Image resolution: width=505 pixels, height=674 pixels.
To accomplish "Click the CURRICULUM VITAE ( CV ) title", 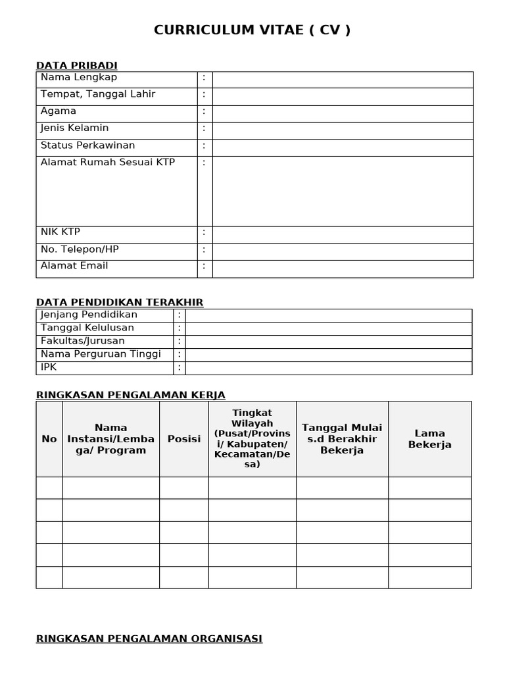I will click(252, 30).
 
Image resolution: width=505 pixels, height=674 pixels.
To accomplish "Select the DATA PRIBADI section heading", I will click(76, 65).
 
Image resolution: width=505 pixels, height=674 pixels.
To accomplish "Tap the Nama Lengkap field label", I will click(79, 78).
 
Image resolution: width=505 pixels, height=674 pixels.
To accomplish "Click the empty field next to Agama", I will click(343, 114).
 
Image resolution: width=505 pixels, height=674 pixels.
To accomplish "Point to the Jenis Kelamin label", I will click(75, 128).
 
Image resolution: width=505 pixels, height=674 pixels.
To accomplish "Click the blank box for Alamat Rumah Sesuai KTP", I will click(343, 191).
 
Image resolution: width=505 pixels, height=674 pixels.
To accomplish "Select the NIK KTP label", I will click(60, 232).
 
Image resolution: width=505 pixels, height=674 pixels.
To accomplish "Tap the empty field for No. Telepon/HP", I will click(343, 251).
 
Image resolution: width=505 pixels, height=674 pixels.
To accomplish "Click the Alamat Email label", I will click(74, 266).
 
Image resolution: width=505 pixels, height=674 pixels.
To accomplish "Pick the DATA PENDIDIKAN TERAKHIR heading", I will click(120, 302).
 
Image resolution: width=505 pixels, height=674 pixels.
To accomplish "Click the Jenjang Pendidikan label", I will click(89, 315).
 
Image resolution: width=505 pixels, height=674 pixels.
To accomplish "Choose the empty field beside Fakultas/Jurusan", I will click(328, 342).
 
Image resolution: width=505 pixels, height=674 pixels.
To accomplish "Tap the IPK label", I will click(49, 367).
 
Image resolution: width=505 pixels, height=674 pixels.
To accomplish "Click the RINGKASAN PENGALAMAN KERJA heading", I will click(131, 395).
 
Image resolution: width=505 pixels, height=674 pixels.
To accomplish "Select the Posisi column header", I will click(184, 439).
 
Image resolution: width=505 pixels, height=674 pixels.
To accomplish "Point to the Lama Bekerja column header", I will click(430, 439).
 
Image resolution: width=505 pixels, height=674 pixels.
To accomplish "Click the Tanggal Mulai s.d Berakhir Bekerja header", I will click(342, 439).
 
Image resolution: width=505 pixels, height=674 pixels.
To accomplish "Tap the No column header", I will click(49, 439).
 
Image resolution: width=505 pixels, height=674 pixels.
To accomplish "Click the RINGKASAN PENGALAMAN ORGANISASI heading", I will click(149, 638).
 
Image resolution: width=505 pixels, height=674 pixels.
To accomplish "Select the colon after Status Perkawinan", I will click(204, 145).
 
